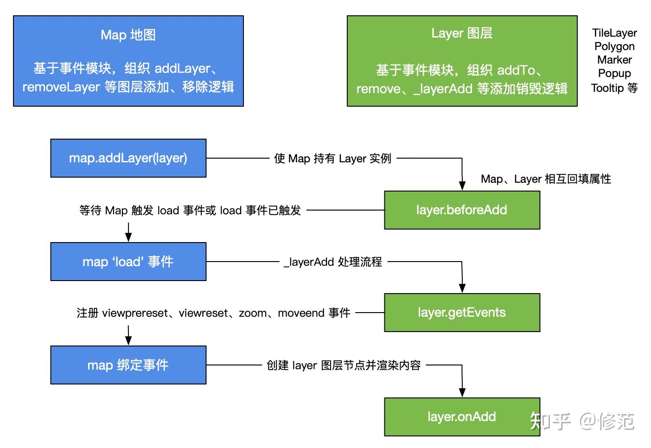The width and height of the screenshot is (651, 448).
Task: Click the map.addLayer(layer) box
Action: [x=128, y=158]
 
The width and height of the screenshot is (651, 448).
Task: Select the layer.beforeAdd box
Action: [x=462, y=210]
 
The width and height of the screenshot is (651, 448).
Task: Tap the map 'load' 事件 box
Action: [x=128, y=262]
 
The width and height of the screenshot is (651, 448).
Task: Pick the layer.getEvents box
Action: [x=462, y=313]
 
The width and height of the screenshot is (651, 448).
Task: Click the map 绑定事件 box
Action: [x=128, y=365]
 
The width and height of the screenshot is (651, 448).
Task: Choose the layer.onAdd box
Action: [x=462, y=416]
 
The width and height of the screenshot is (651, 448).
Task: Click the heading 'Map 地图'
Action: [x=128, y=35]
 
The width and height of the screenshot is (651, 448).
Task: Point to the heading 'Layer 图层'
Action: [x=462, y=33]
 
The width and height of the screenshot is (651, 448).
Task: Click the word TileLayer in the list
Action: [x=614, y=33]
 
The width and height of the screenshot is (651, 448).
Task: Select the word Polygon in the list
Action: [x=614, y=46]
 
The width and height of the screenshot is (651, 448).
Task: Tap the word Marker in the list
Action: [x=614, y=60]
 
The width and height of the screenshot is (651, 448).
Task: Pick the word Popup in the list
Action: [x=614, y=73]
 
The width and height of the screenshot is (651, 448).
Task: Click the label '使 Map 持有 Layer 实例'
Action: [x=332, y=159]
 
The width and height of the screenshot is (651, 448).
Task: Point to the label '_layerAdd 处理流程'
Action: [x=333, y=262]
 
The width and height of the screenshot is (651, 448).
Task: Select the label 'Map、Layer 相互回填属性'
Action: [x=546, y=179]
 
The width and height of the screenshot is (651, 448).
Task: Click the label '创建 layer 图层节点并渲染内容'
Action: [x=344, y=365]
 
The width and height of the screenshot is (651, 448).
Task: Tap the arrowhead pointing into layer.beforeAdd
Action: [x=462, y=186]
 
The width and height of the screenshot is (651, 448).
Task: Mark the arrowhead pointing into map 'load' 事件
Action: [x=128, y=237]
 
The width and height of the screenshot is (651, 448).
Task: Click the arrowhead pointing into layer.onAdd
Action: [x=462, y=392]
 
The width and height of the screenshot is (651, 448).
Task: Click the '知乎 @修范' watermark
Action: [x=582, y=421]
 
